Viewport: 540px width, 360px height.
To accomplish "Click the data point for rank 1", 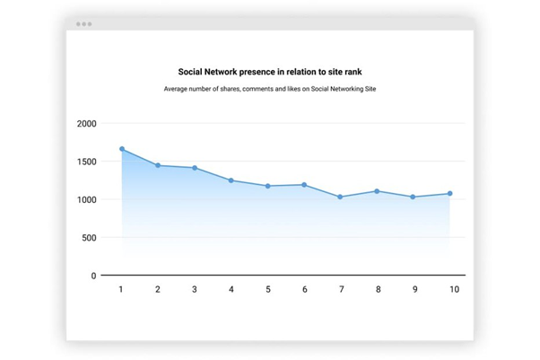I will point(121,149).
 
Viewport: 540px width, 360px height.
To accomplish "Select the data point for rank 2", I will point(158,165).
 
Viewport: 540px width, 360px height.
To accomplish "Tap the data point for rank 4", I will point(231,180).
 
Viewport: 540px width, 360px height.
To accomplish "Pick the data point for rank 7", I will point(340,197).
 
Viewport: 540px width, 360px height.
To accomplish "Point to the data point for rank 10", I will point(449,193).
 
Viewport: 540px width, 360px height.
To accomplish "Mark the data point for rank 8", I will point(377,190).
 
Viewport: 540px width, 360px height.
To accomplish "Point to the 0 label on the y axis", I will point(92,276).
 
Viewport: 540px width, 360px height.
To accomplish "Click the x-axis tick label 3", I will point(195,289).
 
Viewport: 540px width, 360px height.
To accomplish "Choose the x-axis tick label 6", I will point(304,289).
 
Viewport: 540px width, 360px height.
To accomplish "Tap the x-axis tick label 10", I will point(454,289).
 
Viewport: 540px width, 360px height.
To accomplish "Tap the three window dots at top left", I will point(83,24).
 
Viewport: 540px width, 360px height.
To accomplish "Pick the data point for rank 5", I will point(267,186).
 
